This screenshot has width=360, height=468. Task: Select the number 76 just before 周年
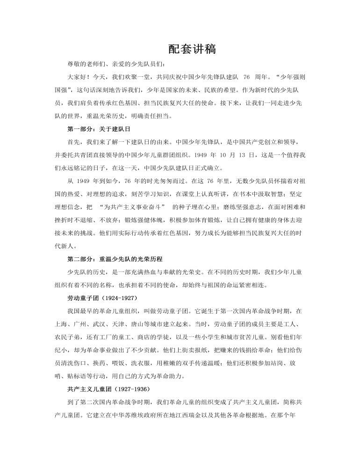[x=246, y=76]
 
